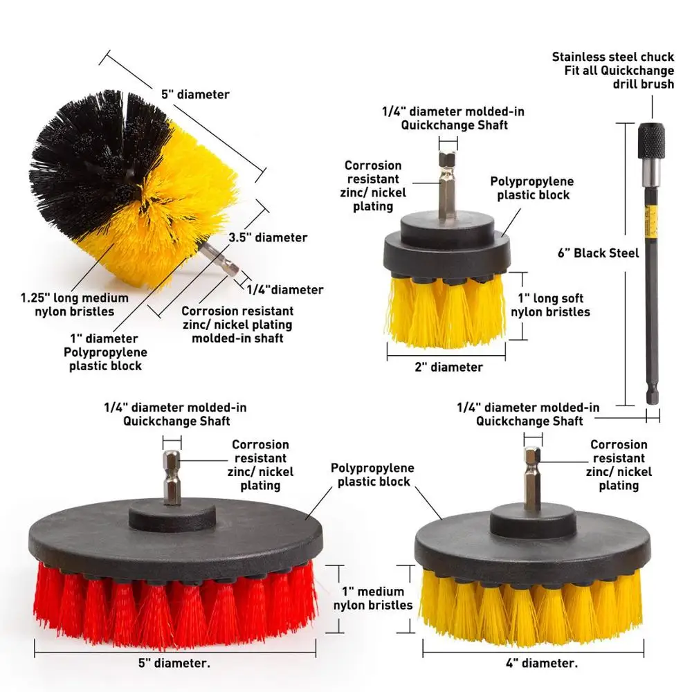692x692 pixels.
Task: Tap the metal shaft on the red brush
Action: [x=171, y=477]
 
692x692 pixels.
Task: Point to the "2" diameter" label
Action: [x=448, y=367]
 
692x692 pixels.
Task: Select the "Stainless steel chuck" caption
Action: [x=612, y=57]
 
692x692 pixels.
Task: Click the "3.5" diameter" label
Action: [x=268, y=237]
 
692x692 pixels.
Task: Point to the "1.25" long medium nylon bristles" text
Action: [x=74, y=304]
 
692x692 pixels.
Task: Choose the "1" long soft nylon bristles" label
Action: [x=550, y=305]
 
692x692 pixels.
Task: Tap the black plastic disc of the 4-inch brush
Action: [x=533, y=547]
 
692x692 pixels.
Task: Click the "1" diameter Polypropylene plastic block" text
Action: [x=107, y=352]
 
